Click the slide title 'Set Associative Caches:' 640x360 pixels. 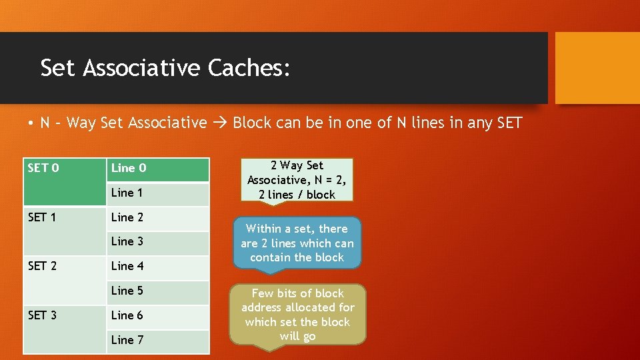[x=165, y=68]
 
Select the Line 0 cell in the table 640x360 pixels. [x=159, y=169]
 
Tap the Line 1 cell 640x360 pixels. [x=159, y=193]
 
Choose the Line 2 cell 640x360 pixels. [x=159, y=217]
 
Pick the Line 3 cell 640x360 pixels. [x=159, y=242]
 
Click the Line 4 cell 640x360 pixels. [x=159, y=267]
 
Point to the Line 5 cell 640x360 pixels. [x=159, y=291]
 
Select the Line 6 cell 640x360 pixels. [x=159, y=315]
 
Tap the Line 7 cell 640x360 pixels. [x=159, y=340]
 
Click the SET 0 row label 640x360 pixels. [x=44, y=168]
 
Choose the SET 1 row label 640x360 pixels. [x=43, y=217]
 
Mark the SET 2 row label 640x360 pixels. [x=43, y=266]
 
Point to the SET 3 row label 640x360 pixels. [x=43, y=315]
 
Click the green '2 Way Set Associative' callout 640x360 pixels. [x=297, y=180]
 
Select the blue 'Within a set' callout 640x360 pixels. [x=297, y=243]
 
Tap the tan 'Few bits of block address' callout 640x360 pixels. [x=298, y=315]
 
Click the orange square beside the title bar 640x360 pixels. [x=597, y=68]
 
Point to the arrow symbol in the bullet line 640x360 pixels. [x=220, y=123]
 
